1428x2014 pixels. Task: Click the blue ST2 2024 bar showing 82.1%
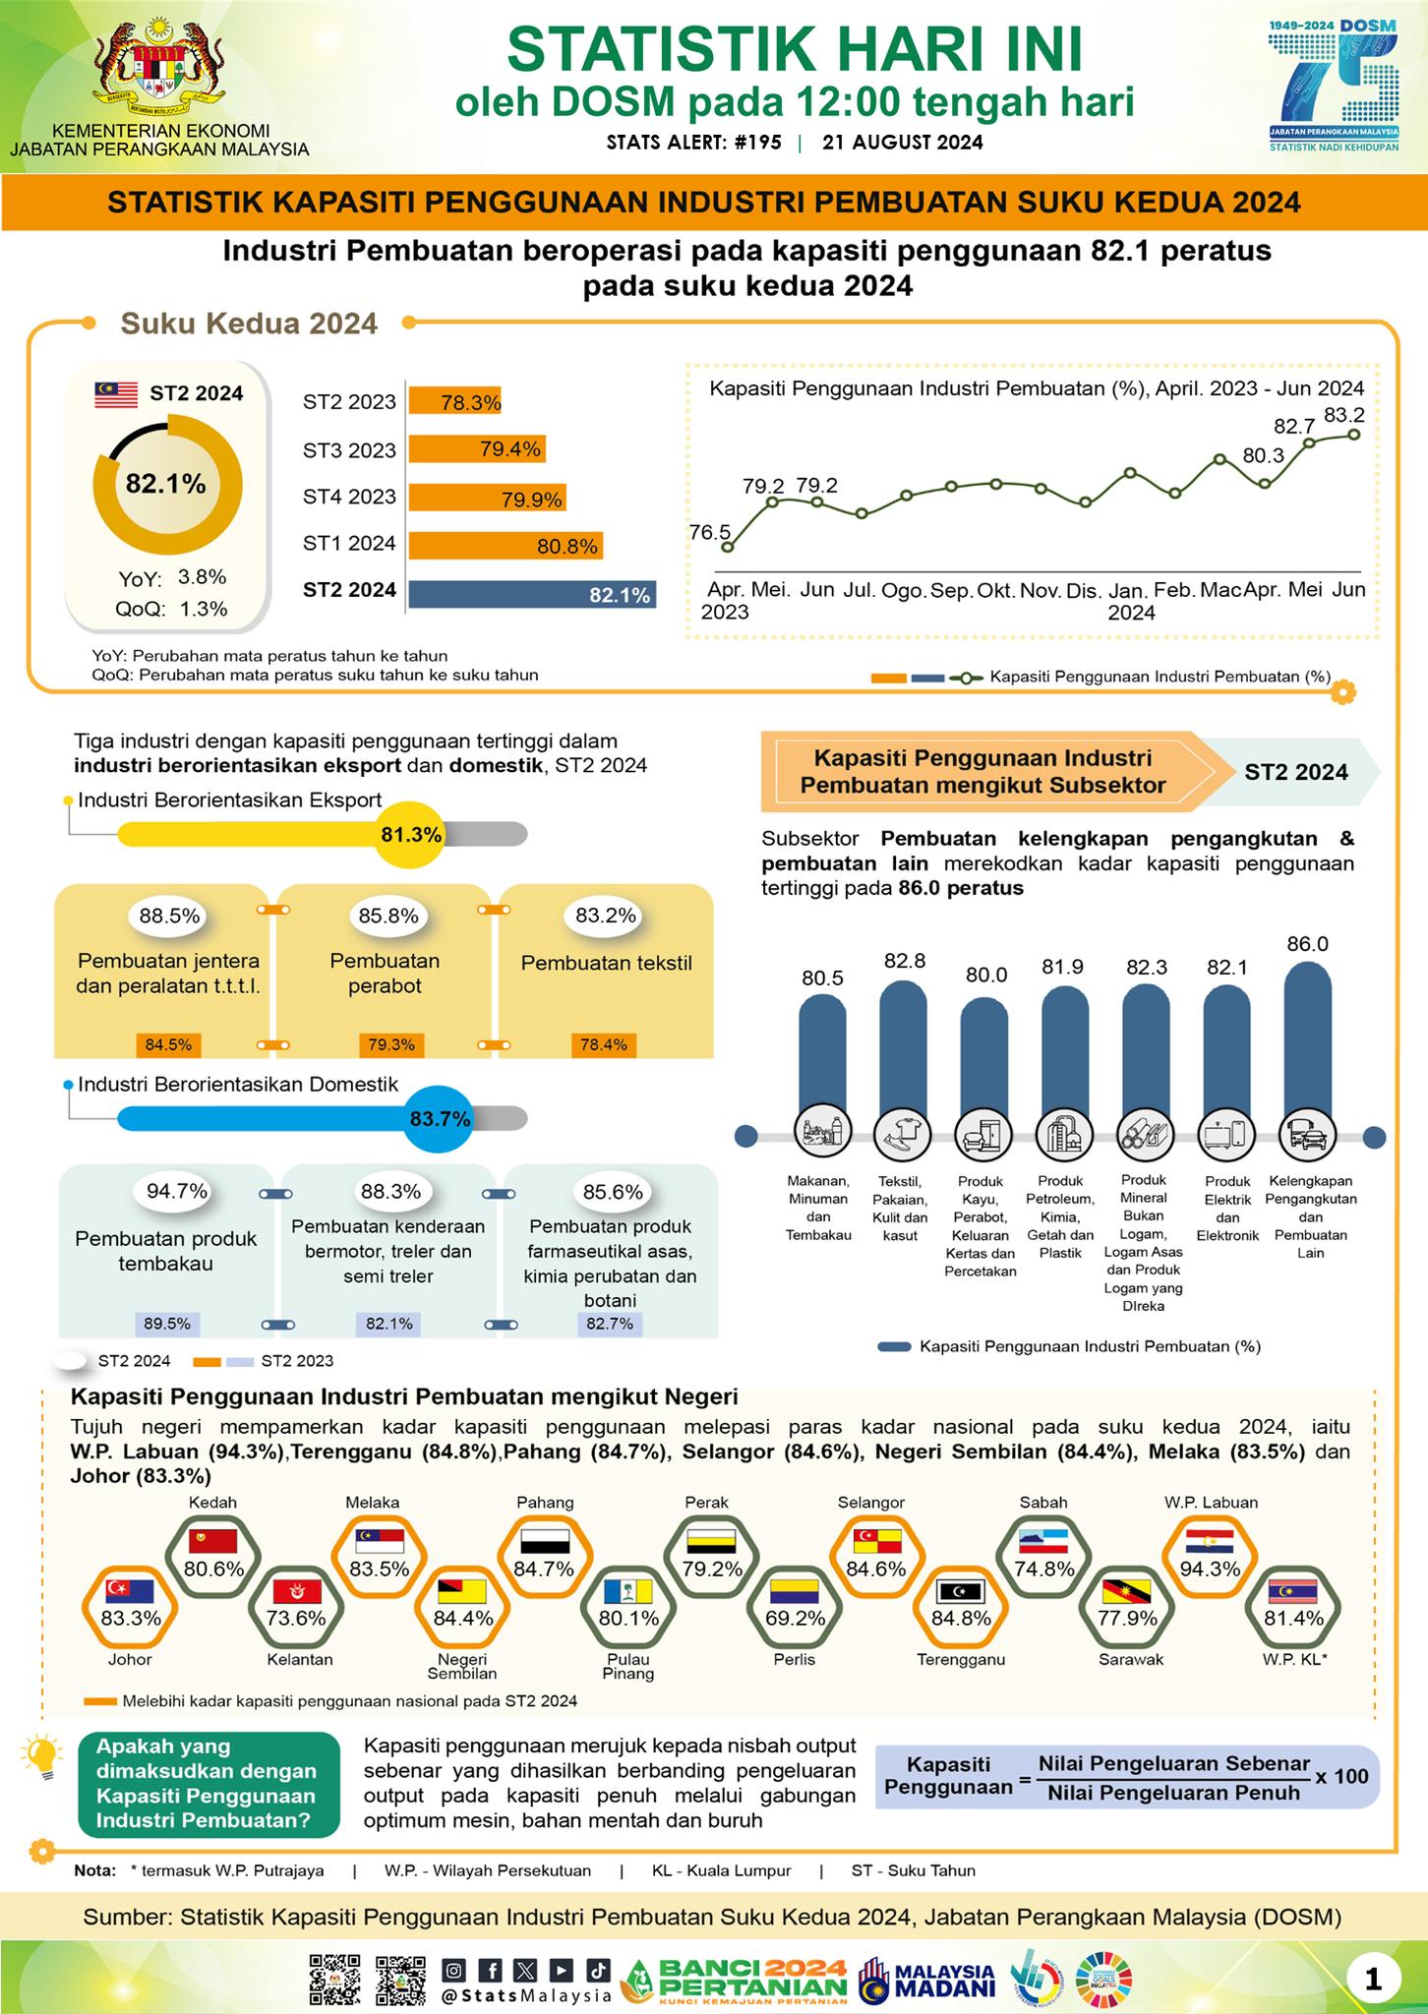coord(532,594)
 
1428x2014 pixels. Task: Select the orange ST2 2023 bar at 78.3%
coord(454,401)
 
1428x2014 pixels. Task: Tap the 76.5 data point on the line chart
coord(728,548)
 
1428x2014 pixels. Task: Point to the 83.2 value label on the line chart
coord(1344,415)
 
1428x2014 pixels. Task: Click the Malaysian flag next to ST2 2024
coord(116,394)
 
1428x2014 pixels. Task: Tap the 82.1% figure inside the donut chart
coord(165,484)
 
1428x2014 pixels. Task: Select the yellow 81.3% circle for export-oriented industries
coord(411,835)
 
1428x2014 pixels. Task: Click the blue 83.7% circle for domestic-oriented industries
coord(440,1119)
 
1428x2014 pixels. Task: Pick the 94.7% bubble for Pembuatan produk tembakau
coord(177,1192)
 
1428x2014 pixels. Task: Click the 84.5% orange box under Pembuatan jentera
coord(167,1044)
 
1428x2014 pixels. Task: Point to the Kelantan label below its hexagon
coord(300,1660)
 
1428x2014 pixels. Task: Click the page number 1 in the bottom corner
coord(1375,1979)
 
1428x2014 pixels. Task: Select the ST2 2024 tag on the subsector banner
coord(1296,772)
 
